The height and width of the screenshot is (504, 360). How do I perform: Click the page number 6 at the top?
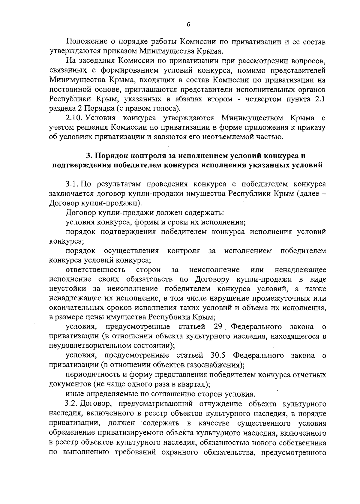(x=188, y=25)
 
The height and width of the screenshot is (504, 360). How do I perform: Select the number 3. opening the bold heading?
(x=89, y=156)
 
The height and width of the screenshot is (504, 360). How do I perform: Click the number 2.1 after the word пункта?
(x=319, y=99)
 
